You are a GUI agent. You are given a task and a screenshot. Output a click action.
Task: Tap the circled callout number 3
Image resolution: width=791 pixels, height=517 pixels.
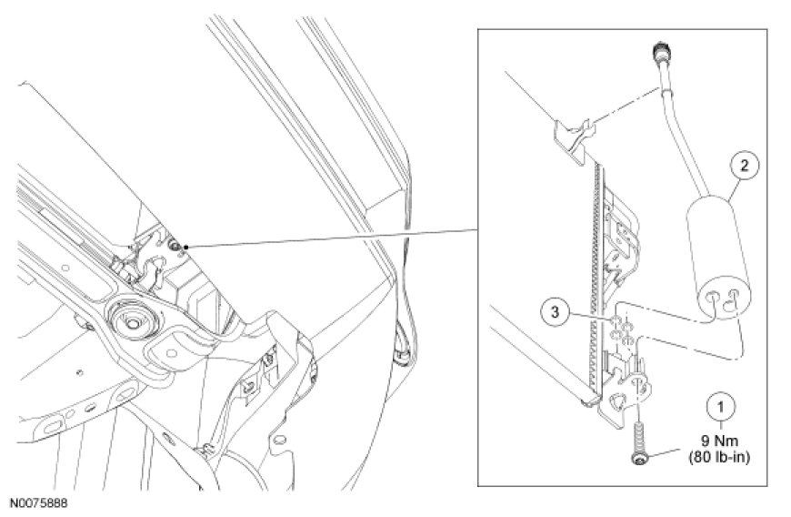[556, 312]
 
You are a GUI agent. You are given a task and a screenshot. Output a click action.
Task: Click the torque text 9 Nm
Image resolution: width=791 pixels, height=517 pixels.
[720, 441]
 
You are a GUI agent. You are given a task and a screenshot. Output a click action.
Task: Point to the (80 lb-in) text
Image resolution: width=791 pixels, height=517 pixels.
[720, 458]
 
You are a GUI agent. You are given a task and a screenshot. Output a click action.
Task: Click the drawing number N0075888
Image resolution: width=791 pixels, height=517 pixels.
[39, 503]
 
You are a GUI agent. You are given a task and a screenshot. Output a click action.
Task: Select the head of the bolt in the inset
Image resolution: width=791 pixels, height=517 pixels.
[638, 458]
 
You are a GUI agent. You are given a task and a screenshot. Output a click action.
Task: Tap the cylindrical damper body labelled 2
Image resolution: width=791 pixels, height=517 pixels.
[716, 258]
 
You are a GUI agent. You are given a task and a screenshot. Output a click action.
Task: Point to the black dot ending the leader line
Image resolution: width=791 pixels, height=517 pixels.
[186, 247]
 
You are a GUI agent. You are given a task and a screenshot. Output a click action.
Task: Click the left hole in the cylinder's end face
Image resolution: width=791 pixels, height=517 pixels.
[715, 298]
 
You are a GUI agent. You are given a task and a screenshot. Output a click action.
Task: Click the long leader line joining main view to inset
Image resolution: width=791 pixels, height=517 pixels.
[333, 238]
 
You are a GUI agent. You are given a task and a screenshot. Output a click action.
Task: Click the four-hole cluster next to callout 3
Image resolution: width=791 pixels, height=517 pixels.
[622, 330]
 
